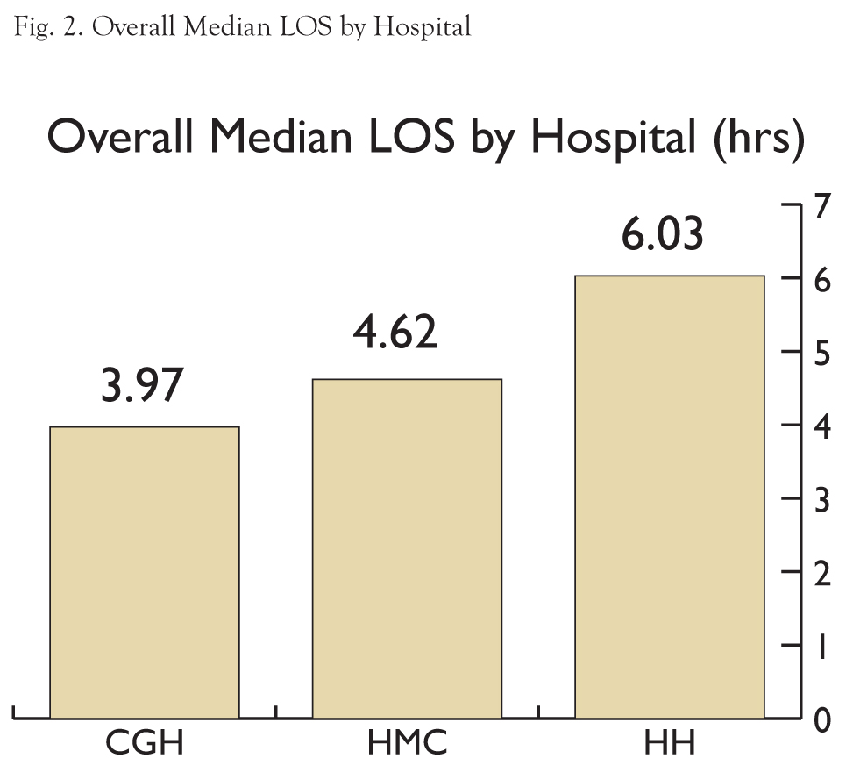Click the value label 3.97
145,386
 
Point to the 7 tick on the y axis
821,207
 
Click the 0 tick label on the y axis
821,721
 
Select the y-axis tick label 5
821,354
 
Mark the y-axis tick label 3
821,500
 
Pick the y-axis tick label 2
821,574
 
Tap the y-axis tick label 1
821,648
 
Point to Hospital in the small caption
422,28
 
